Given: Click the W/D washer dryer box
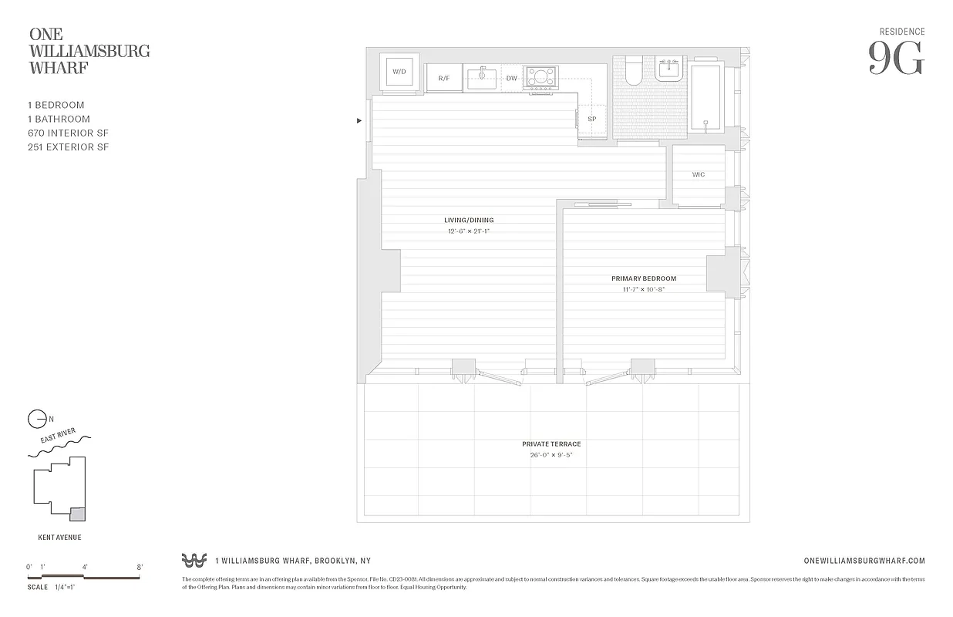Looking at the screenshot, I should point(399,72).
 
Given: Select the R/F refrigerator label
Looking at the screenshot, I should point(444,79).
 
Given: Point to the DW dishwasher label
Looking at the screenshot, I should point(511,79).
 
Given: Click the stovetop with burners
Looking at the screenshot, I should point(540,77).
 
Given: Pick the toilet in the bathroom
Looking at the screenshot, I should point(634,71).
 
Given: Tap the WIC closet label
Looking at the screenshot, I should point(698,175).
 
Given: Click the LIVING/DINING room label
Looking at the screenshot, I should point(469,221).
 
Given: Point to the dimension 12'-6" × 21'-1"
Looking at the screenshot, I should point(469,231).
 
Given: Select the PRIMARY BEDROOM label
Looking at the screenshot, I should point(644,278).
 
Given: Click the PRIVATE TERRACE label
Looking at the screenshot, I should point(551,444).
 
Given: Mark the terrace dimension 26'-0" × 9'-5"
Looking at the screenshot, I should point(551,455).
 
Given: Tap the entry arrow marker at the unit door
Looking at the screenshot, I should point(359,121).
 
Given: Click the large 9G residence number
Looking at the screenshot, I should point(896,59).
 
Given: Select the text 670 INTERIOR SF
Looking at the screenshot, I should point(66,133).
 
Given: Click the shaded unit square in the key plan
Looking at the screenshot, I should point(77,514).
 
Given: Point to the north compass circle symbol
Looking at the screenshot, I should point(36,420).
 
